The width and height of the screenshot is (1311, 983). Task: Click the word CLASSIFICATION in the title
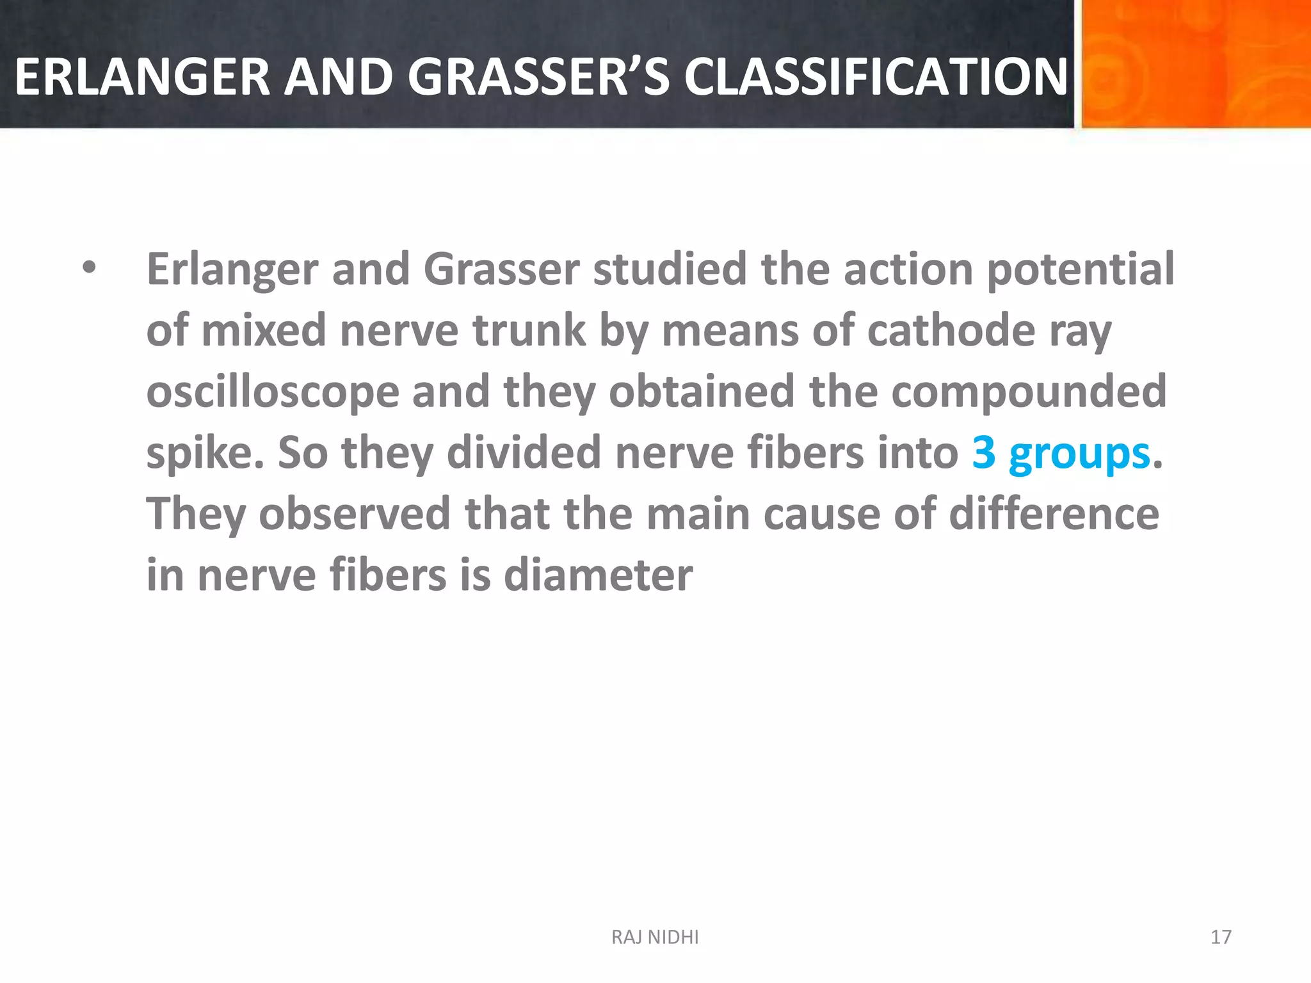tap(876, 77)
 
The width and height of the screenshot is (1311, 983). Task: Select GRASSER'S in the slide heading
tap(538, 77)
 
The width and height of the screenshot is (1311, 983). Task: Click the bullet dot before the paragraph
tap(89, 268)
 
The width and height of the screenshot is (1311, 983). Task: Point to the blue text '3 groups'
tap(1061, 453)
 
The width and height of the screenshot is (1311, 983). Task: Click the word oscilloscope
tap(273, 392)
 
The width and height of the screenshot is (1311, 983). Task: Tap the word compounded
tap(1029, 392)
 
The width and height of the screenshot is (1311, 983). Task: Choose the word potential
tap(1081, 269)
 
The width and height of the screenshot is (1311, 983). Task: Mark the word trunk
tap(529, 331)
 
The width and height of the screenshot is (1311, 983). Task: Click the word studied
tap(670, 269)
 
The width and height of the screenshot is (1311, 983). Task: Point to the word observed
tap(354, 514)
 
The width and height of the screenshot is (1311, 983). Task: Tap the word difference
tap(1054, 514)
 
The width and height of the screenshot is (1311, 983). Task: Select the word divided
tap(524, 453)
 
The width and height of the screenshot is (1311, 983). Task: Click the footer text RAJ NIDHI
tap(655, 938)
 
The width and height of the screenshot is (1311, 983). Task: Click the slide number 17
tap(1221, 938)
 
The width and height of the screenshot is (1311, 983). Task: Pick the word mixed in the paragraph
tap(264, 331)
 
